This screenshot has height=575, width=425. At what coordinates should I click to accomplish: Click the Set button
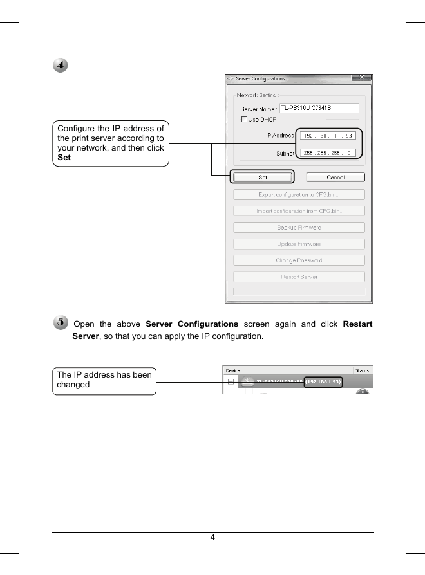click(263, 177)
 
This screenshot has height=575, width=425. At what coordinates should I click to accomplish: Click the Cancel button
click(335, 177)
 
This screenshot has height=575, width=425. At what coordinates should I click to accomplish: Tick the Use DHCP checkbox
click(244, 120)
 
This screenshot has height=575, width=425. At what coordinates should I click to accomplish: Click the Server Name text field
click(318, 108)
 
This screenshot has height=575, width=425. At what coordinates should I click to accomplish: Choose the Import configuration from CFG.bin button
click(298, 211)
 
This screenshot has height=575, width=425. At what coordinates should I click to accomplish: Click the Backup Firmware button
click(298, 228)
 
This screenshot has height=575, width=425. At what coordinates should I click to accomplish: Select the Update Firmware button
click(298, 244)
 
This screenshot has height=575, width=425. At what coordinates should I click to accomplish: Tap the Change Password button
click(298, 260)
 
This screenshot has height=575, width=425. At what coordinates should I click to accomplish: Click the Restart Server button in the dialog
click(298, 277)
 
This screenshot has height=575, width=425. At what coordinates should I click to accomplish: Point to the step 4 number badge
click(60, 66)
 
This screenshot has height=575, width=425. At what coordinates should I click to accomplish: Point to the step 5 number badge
click(60, 322)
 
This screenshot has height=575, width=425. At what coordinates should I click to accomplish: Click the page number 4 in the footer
click(212, 538)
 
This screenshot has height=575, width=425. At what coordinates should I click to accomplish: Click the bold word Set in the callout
click(64, 158)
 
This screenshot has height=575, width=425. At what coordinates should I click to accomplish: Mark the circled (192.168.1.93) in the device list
click(324, 381)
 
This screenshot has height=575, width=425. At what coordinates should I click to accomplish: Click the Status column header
click(363, 370)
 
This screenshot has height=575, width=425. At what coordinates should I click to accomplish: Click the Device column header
click(233, 370)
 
